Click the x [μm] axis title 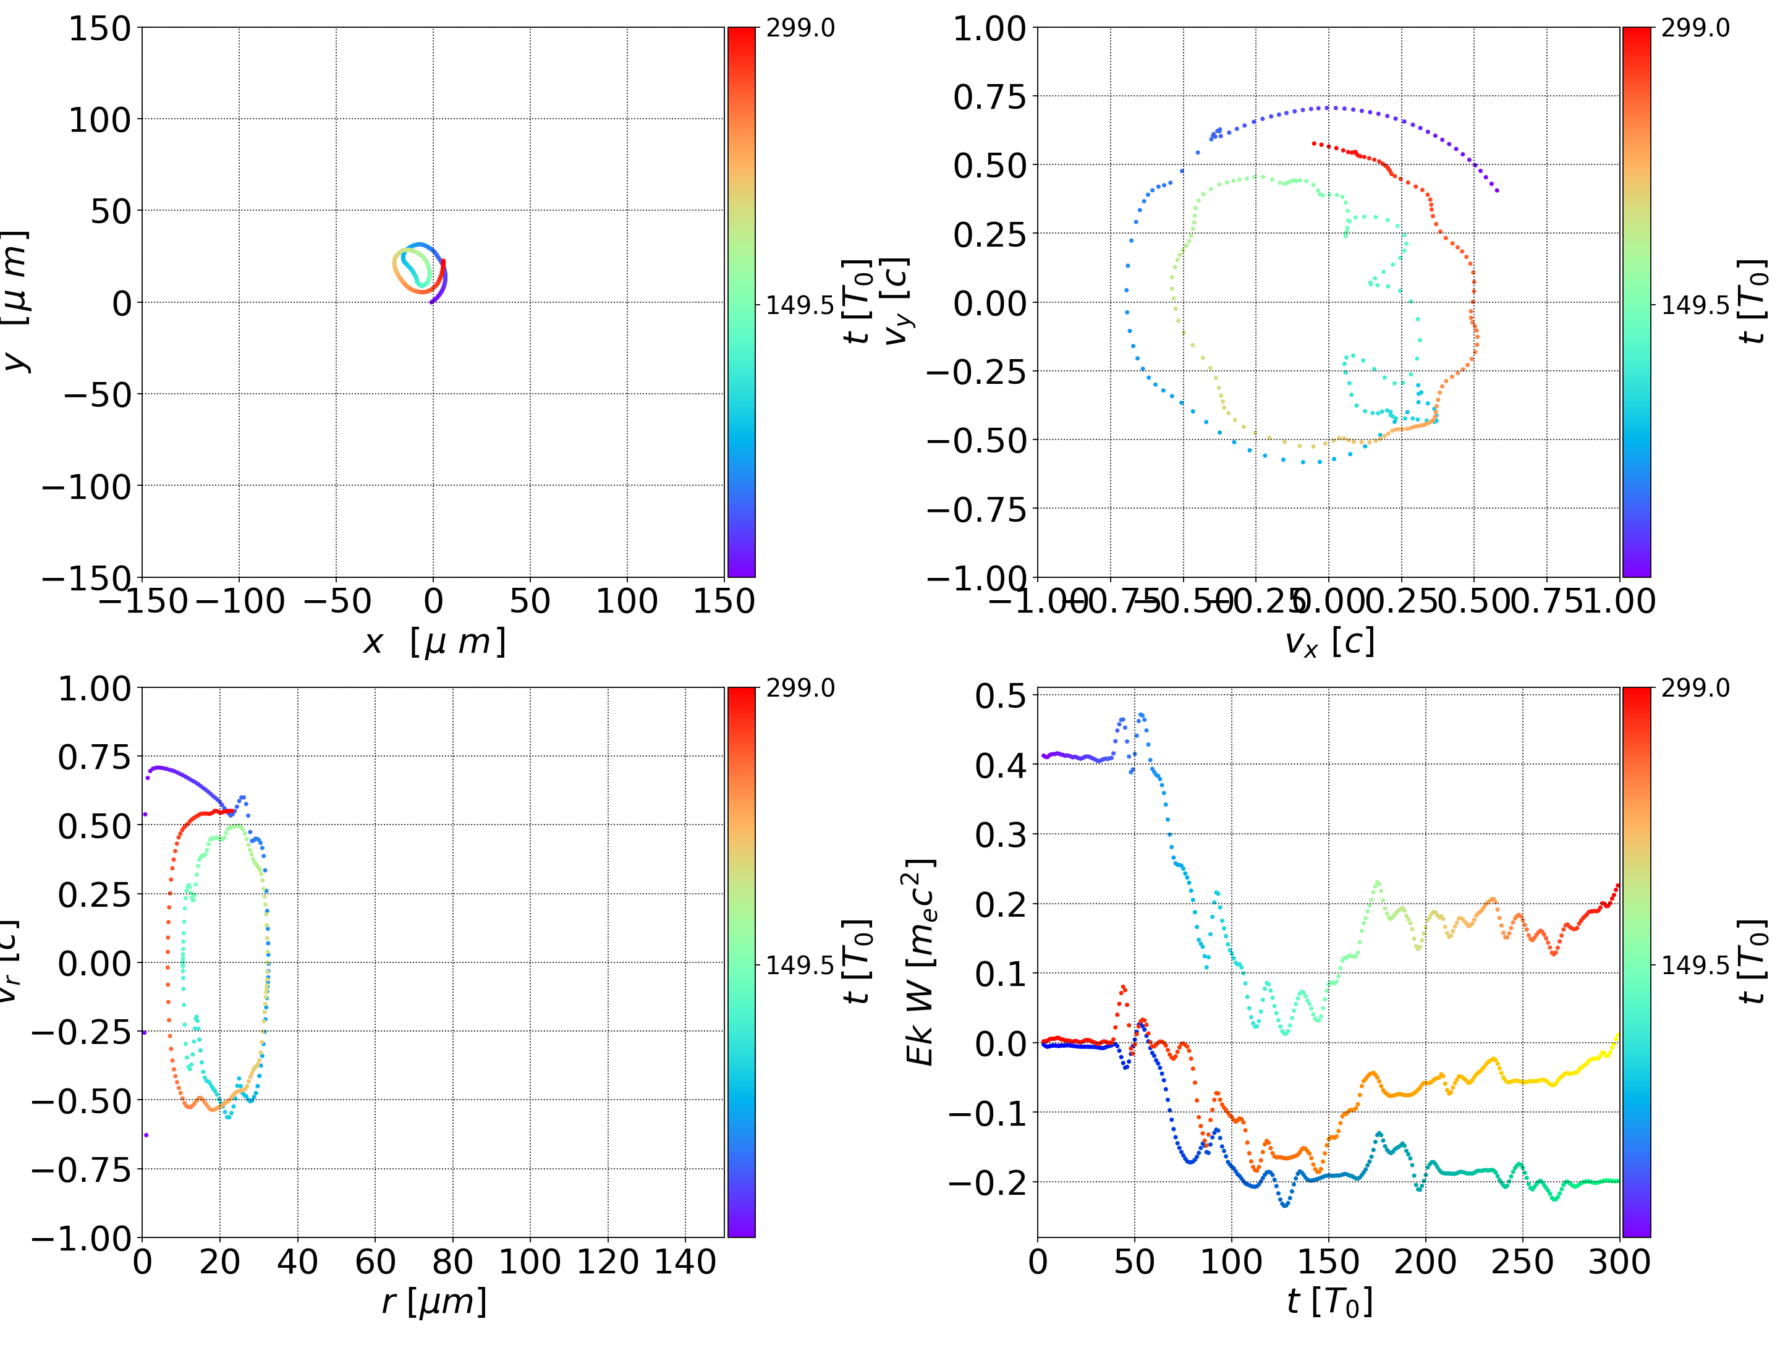(x=434, y=642)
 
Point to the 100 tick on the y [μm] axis (x=99, y=120)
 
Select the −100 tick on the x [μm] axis (x=240, y=601)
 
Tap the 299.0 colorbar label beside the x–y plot (x=800, y=28)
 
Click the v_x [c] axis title (x=1329, y=642)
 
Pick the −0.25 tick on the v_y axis (x=977, y=372)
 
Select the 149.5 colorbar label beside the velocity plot (x=1695, y=305)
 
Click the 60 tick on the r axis (x=375, y=1262)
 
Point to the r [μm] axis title (x=434, y=1302)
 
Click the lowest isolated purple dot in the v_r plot (x=146, y=1135)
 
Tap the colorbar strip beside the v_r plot (x=741, y=962)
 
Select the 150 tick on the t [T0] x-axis (x=1329, y=1262)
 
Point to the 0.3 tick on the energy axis (x=1001, y=834)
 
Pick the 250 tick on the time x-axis (x=1522, y=1262)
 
